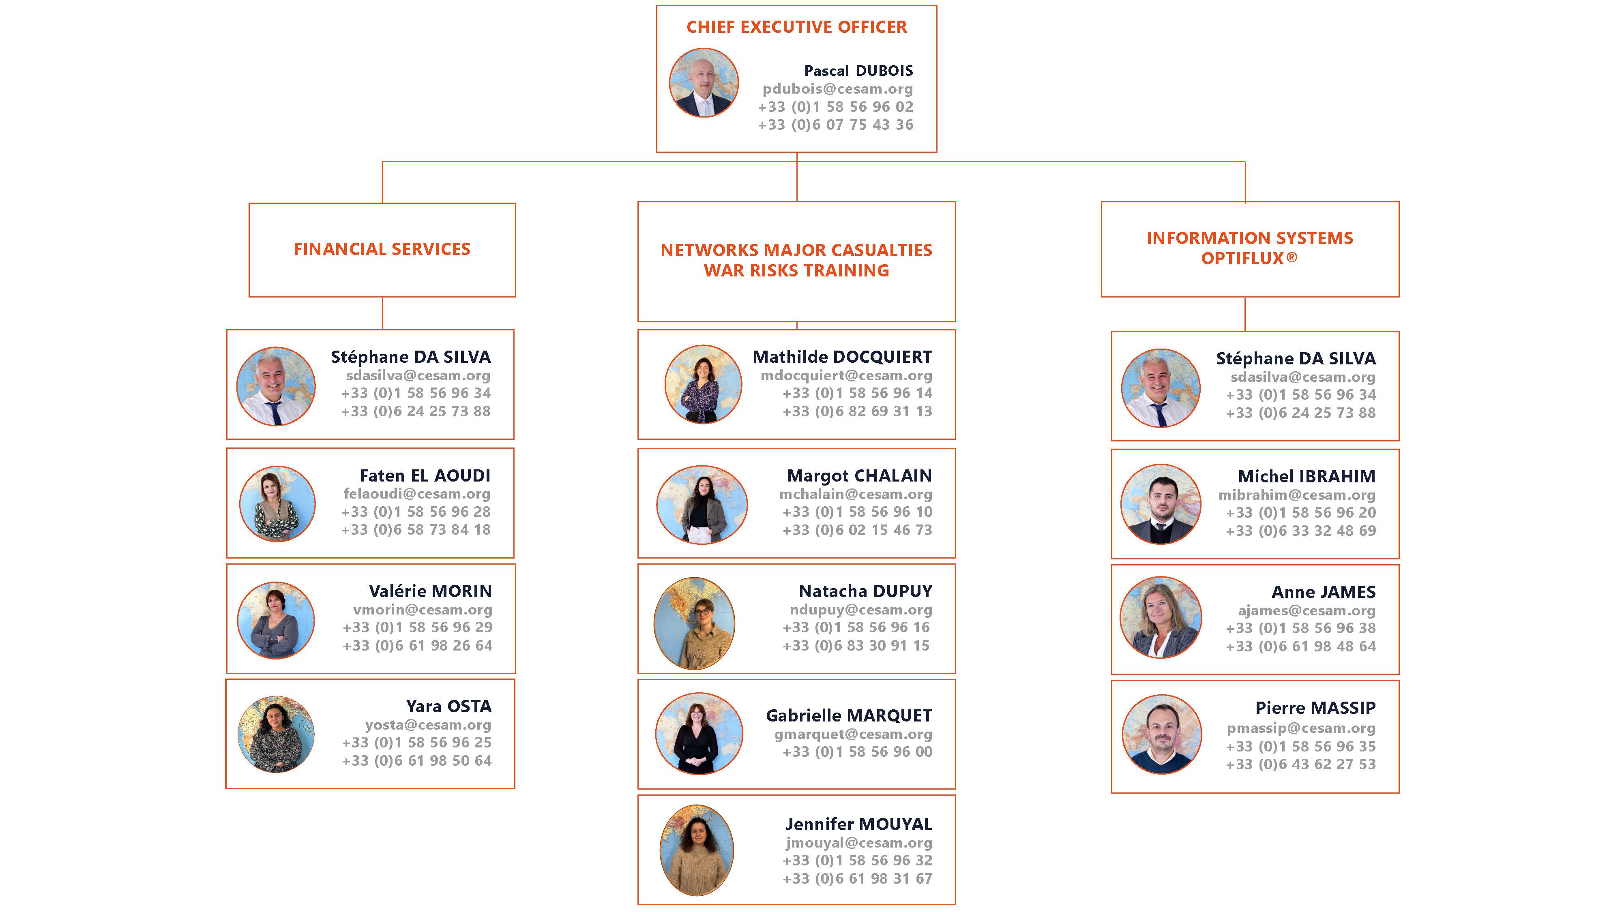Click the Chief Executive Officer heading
click(x=796, y=27)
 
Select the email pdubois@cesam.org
click(x=837, y=89)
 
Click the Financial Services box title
click(x=382, y=249)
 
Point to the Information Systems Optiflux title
click(x=1249, y=248)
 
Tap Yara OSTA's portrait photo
click(x=276, y=734)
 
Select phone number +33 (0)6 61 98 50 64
click(x=416, y=760)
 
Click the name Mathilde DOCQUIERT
click(x=842, y=357)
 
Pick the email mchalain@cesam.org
click(x=855, y=494)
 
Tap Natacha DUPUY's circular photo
click(x=695, y=623)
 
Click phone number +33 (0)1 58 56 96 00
click(x=857, y=751)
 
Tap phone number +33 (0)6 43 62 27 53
click(x=1300, y=764)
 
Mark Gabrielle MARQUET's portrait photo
click(x=699, y=733)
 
